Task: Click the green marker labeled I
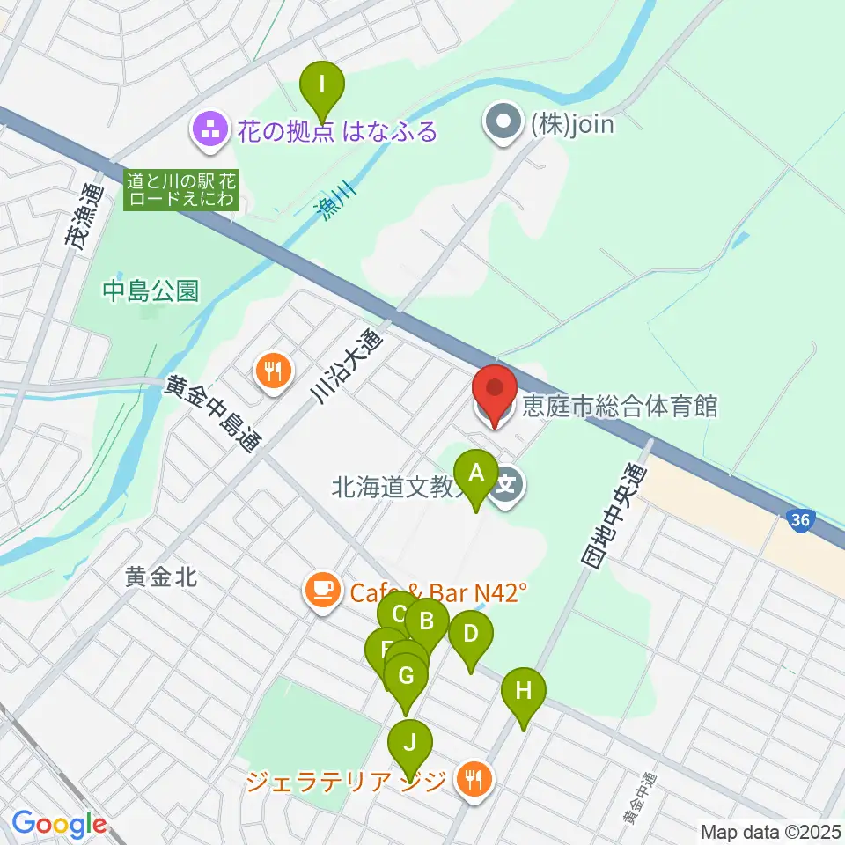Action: point(322,85)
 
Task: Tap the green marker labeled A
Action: point(476,473)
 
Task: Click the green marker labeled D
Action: point(470,634)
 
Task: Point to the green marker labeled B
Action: point(428,622)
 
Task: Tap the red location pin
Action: point(494,389)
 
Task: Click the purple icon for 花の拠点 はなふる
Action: point(209,131)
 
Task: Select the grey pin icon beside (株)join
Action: point(504,123)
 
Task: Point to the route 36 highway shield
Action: point(799,521)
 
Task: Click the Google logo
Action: point(60,824)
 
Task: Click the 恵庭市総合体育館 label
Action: point(620,408)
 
